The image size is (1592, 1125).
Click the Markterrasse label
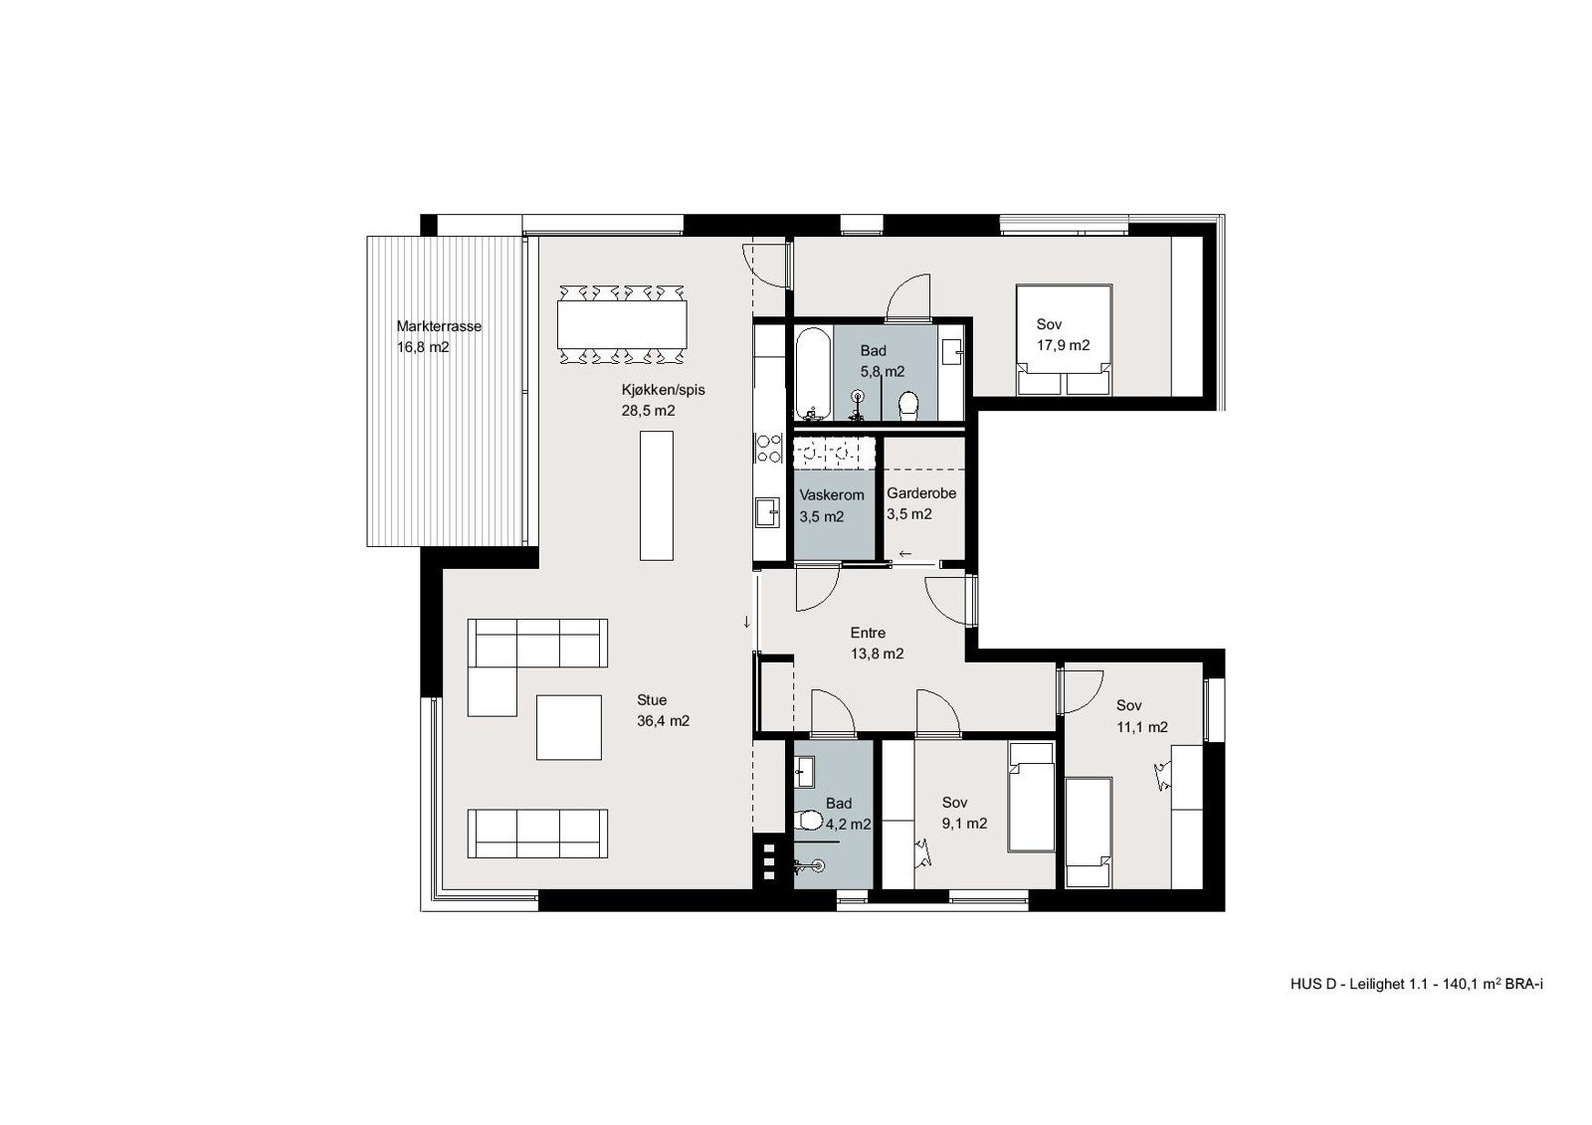click(x=439, y=326)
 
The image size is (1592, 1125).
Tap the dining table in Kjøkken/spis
click(x=622, y=324)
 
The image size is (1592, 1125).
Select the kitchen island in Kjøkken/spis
click(x=655, y=494)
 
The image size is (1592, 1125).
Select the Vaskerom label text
click(x=832, y=494)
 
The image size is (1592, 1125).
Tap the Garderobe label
click(x=921, y=493)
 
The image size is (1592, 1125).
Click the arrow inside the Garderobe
click(x=905, y=553)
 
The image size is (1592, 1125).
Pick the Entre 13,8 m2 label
click(x=876, y=644)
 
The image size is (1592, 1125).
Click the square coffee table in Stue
click(x=569, y=727)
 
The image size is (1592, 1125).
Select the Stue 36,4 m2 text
click(x=663, y=711)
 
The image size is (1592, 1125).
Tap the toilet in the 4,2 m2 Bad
click(x=811, y=821)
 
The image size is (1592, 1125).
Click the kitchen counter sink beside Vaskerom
click(x=767, y=511)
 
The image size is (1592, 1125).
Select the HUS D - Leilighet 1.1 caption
click(x=1416, y=1013)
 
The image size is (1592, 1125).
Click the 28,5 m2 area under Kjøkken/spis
click(x=649, y=411)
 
